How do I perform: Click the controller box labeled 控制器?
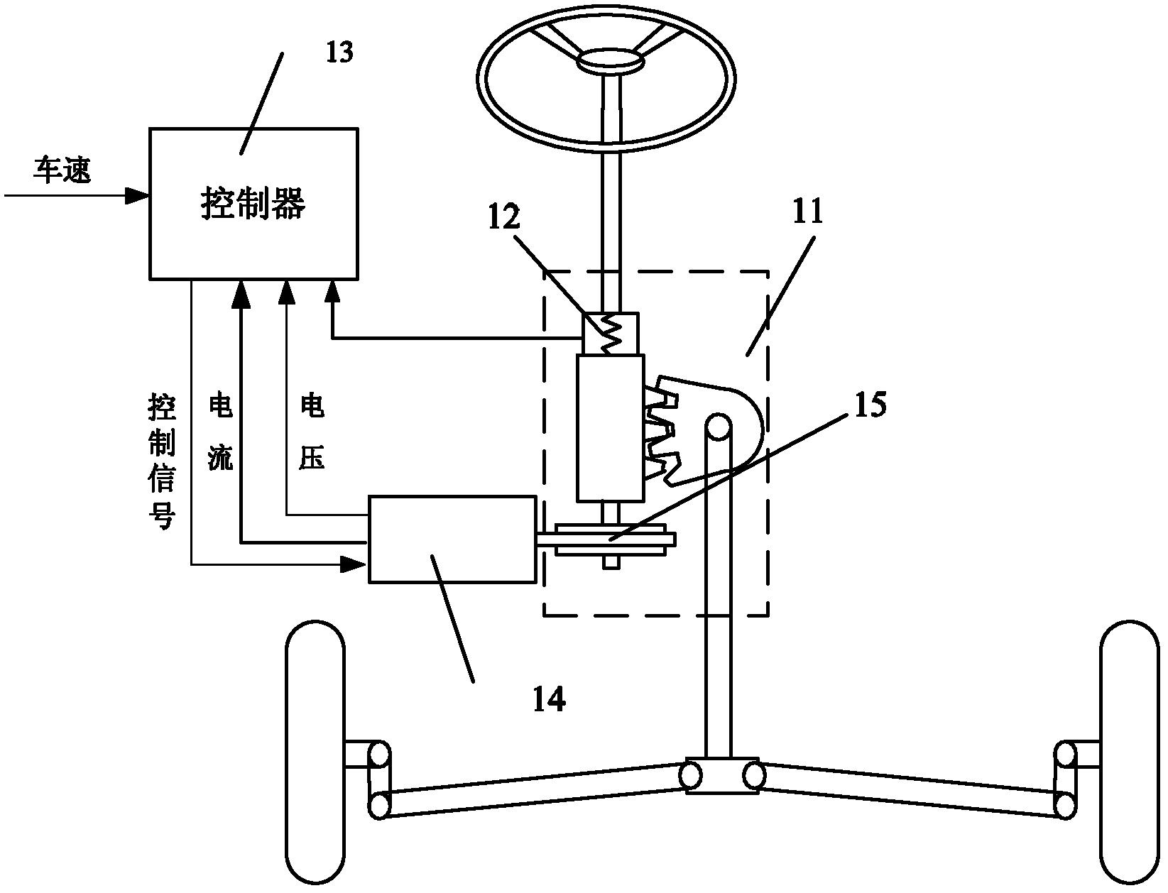[253, 204]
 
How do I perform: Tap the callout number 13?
[339, 52]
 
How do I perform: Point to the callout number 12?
[503, 217]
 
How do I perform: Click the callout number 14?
[550, 699]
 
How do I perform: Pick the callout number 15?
[867, 405]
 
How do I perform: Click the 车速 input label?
[62, 170]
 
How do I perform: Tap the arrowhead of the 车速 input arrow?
[138, 195]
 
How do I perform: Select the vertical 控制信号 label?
[160, 461]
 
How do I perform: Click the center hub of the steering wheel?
[609, 61]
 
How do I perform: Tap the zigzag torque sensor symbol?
[610, 333]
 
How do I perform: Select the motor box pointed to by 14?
[452, 539]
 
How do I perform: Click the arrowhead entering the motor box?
[352, 564]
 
